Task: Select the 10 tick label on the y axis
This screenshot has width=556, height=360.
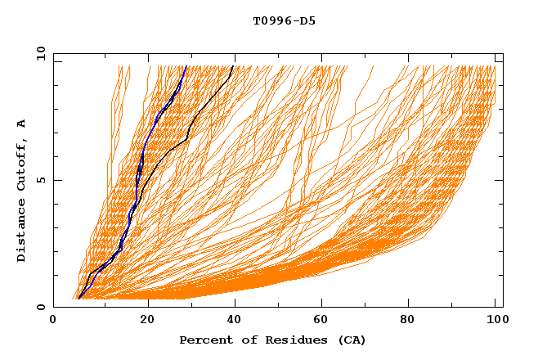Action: tap(40, 53)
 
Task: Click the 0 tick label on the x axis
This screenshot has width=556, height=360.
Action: tap(53, 321)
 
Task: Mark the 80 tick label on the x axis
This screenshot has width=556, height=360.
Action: tap(415, 321)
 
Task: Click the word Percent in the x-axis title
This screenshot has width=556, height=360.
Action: tap(204, 340)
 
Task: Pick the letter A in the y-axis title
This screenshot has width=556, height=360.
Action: tap(22, 124)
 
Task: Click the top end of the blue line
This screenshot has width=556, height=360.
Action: tap(186, 66)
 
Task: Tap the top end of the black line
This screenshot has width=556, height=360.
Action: tap(234, 66)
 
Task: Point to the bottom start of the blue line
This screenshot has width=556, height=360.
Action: tap(78, 299)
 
